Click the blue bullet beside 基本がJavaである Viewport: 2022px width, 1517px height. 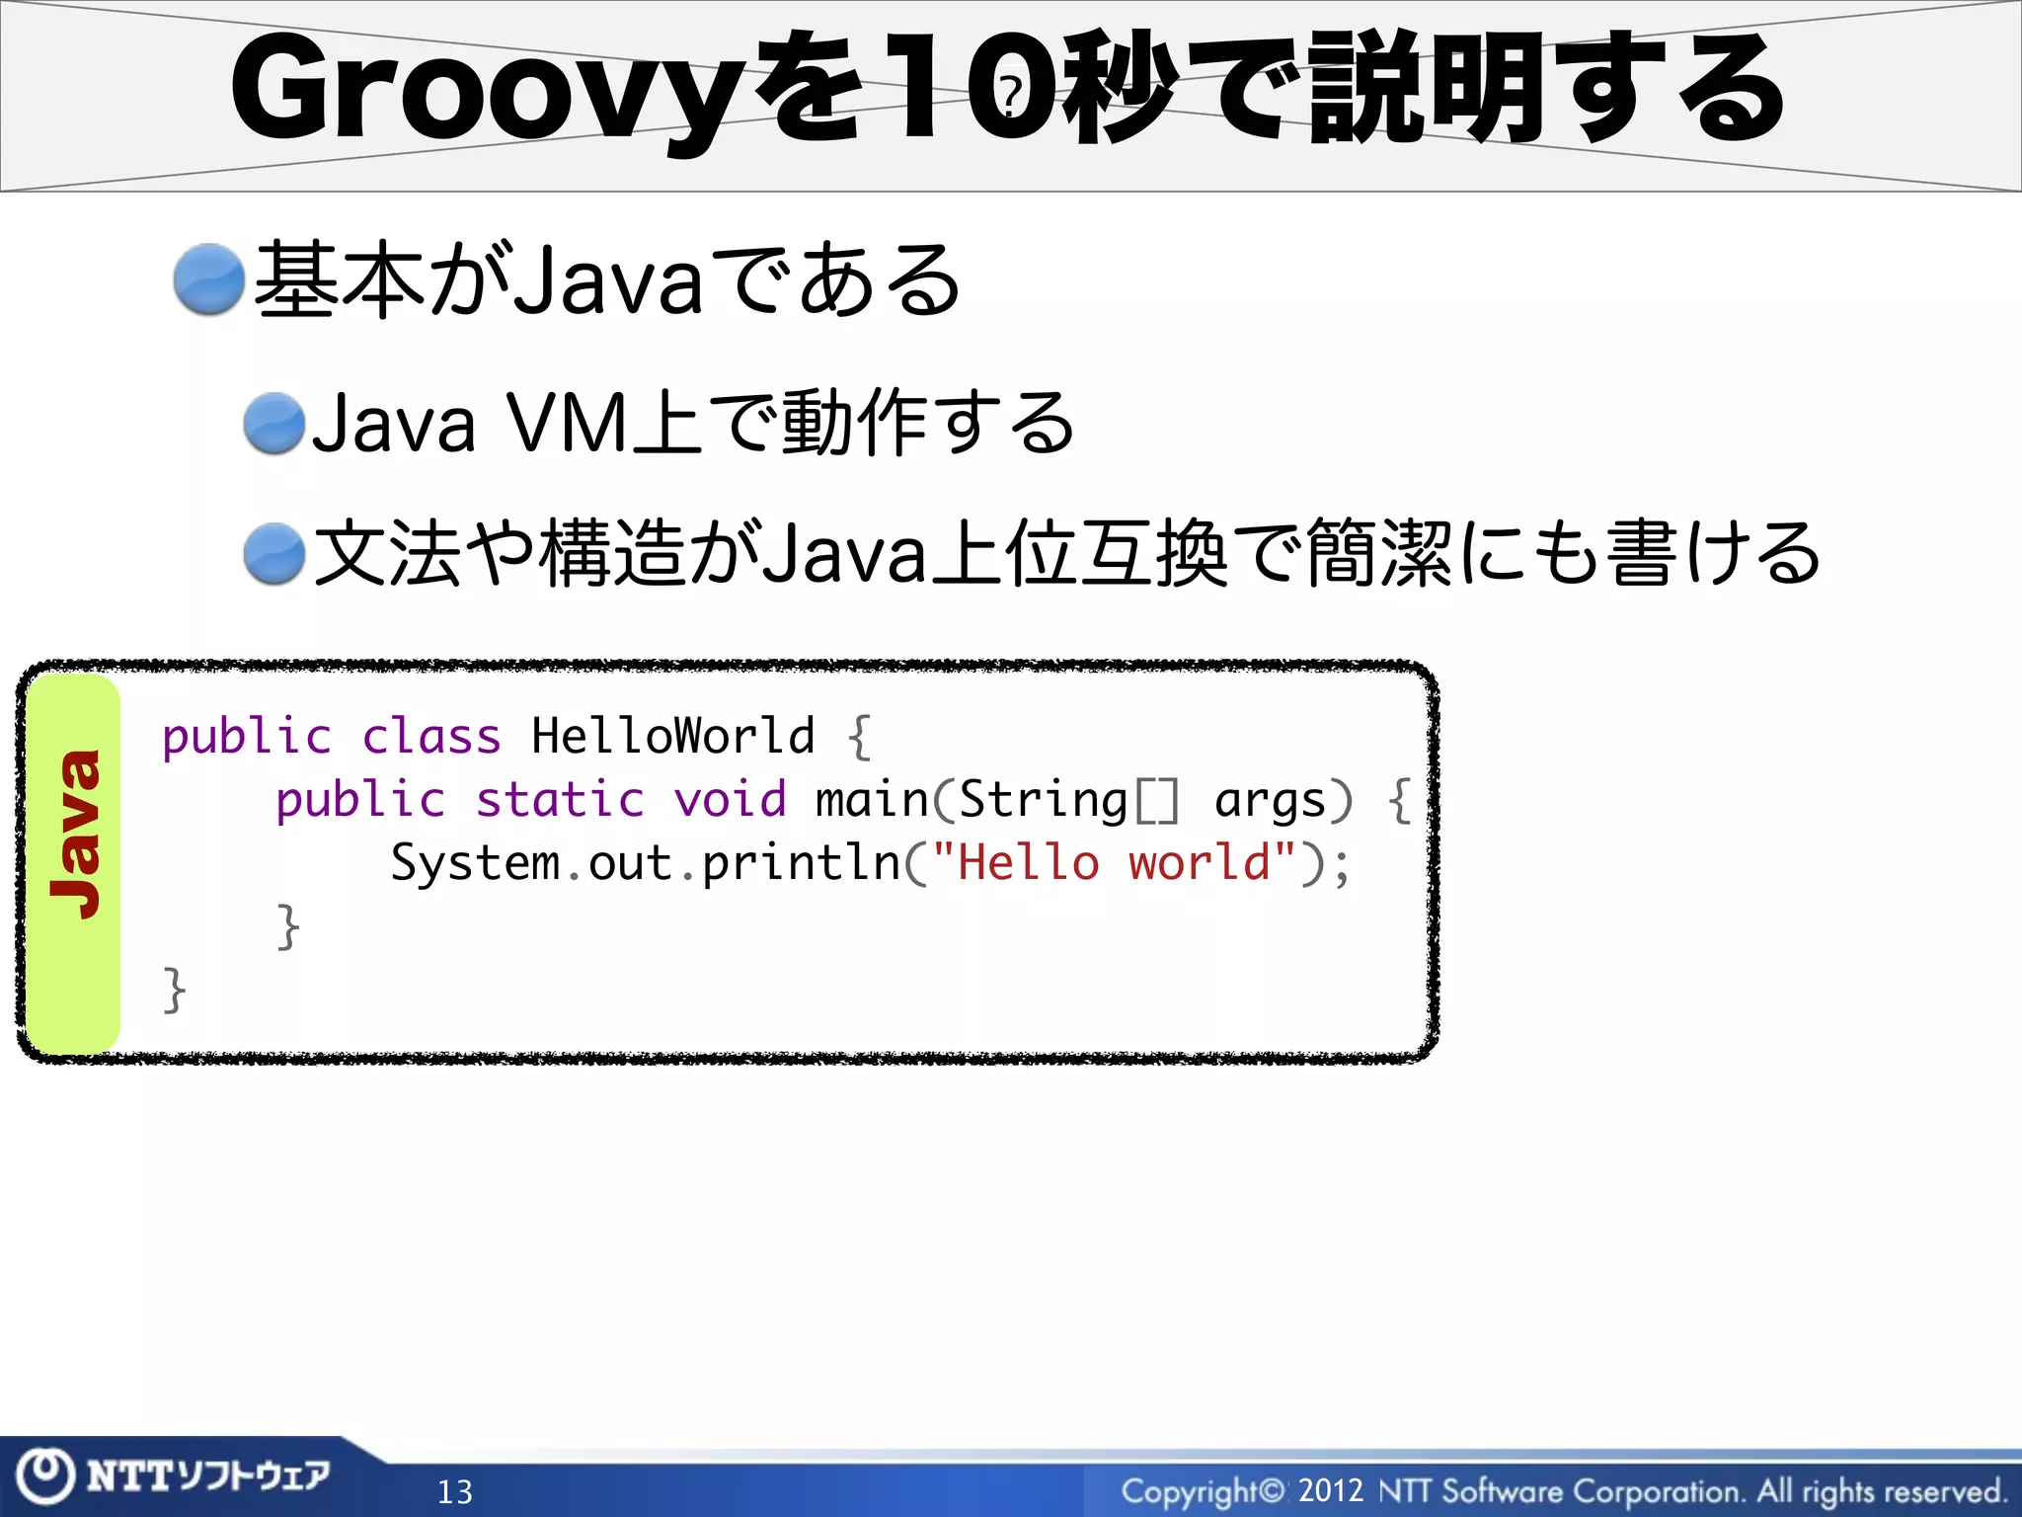[x=208, y=279]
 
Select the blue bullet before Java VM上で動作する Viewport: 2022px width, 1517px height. [x=274, y=424]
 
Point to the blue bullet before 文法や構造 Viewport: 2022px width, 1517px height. [x=274, y=554]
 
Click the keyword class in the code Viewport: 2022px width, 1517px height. [x=431, y=737]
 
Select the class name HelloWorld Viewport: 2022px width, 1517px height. [x=672, y=737]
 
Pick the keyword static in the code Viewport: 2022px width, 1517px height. [x=560, y=799]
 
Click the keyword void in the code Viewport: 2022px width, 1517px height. [x=730, y=799]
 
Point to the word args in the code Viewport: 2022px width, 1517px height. [x=1270, y=801]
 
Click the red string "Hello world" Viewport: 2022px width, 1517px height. [x=1114, y=863]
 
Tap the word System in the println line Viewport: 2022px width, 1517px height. [x=475, y=863]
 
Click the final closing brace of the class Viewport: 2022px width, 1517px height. [x=174, y=990]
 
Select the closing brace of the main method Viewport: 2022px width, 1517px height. [x=287, y=926]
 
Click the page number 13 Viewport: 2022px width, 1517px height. [x=455, y=1491]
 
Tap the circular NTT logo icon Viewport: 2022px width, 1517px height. [x=45, y=1476]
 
